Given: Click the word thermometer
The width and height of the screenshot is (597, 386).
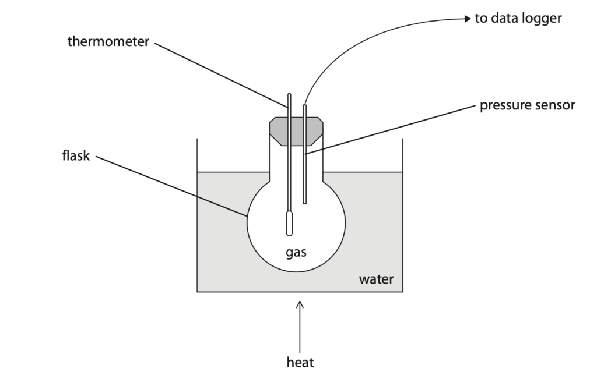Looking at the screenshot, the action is click(108, 41).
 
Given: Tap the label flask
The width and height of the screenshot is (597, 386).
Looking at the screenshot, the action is click(76, 155).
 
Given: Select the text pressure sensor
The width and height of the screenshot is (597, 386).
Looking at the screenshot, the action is click(527, 105).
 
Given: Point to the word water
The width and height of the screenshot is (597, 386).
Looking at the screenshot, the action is click(376, 279).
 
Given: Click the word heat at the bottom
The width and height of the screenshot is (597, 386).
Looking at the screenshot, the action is click(300, 362).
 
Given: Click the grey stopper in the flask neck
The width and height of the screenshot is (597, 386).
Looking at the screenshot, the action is click(296, 131).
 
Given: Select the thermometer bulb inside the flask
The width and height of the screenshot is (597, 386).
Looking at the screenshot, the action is click(289, 224).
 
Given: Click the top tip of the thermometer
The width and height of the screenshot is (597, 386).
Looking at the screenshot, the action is click(289, 94).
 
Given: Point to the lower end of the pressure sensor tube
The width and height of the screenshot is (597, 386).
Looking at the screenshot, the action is click(304, 203).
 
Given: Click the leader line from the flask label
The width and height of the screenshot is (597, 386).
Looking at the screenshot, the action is click(171, 186).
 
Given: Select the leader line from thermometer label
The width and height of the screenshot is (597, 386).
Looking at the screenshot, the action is click(221, 75).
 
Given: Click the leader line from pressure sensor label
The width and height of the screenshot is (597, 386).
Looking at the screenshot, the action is click(390, 130).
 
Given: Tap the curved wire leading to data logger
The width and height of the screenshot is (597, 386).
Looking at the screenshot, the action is click(366, 36).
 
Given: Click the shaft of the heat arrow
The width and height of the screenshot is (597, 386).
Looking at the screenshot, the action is click(300, 328).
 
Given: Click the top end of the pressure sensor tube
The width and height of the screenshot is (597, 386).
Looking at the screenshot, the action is click(304, 105).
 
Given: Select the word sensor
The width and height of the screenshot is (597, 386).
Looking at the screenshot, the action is click(554, 105).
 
